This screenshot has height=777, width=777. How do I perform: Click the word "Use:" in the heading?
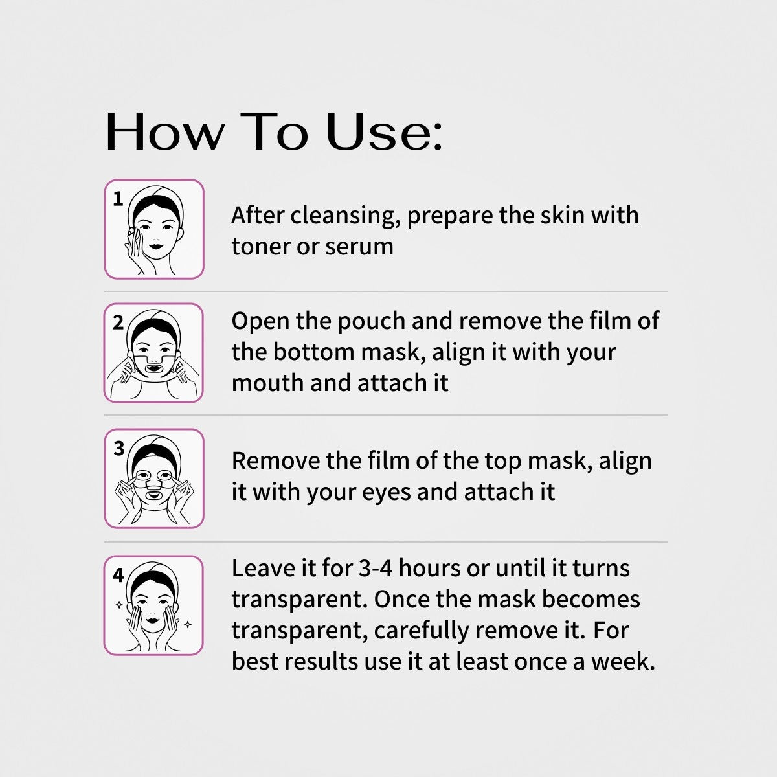tap(384, 133)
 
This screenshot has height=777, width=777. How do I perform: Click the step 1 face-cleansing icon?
tap(154, 229)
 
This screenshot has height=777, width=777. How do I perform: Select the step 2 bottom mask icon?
tap(154, 353)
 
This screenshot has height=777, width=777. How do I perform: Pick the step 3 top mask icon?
tap(154, 479)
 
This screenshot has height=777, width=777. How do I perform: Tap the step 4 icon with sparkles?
tap(154, 605)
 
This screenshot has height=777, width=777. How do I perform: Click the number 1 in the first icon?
tap(118, 199)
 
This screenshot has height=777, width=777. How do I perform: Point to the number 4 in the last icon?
tap(118, 575)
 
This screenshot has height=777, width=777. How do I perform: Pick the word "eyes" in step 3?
tap(387, 491)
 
